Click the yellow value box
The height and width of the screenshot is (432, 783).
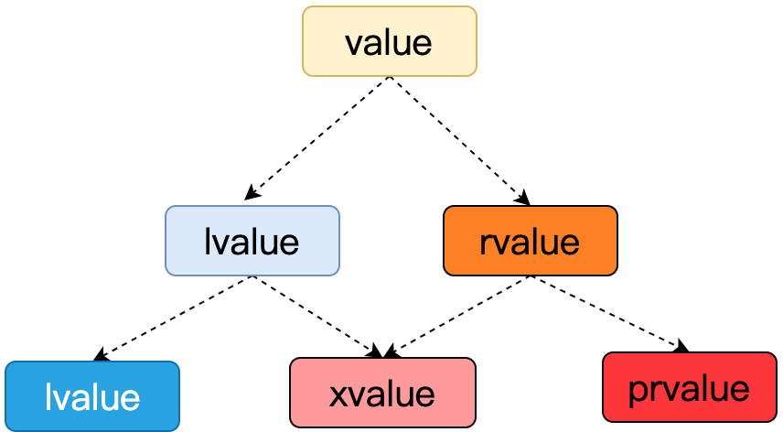click(x=390, y=41)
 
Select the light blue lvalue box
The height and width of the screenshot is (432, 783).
click(x=252, y=241)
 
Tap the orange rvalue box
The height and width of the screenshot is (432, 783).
click(x=531, y=241)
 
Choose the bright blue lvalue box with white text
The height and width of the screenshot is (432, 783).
click(x=92, y=396)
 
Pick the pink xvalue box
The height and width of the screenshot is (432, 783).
click(x=383, y=393)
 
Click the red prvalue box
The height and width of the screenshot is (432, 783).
click(x=690, y=387)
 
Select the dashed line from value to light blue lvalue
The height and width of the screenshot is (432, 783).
click(x=317, y=138)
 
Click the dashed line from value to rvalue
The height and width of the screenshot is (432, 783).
click(x=459, y=140)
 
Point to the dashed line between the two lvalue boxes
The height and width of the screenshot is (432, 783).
click(x=173, y=319)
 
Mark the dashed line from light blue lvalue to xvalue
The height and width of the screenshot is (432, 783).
click(x=317, y=316)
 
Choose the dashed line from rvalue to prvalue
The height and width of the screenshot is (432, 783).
click(x=609, y=314)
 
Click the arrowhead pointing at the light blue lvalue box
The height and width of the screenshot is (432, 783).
click(x=252, y=193)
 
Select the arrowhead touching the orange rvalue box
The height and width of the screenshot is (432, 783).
click(x=523, y=198)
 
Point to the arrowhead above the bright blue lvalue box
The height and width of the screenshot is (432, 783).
click(x=102, y=354)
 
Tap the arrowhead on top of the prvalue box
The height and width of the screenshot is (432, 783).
click(x=681, y=346)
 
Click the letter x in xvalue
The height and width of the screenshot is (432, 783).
click(x=339, y=395)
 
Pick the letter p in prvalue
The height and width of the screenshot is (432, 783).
click(x=638, y=392)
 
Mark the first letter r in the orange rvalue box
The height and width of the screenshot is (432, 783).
click(x=486, y=243)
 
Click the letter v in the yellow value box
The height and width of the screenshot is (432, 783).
click(x=355, y=45)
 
